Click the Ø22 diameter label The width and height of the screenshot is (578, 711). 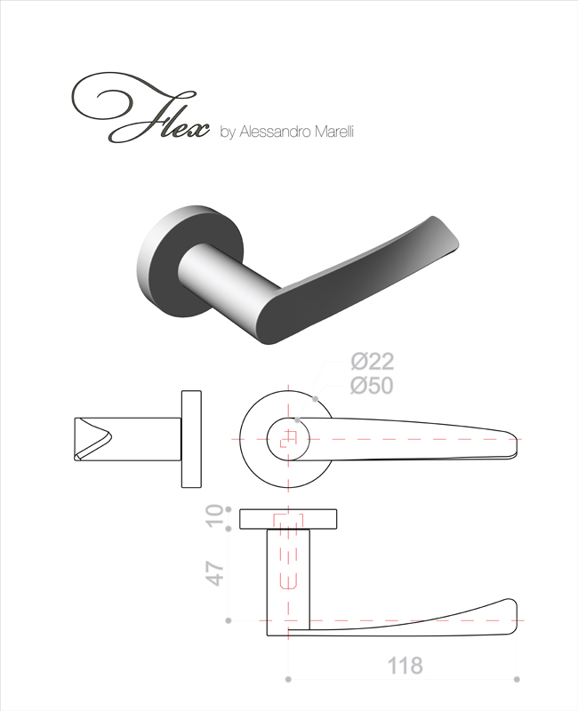[372, 362]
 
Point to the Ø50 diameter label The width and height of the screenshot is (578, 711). [372, 386]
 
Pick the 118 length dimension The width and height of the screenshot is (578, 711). [405, 666]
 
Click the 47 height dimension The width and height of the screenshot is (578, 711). [216, 573]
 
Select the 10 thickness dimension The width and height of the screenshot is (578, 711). [216, 516]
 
